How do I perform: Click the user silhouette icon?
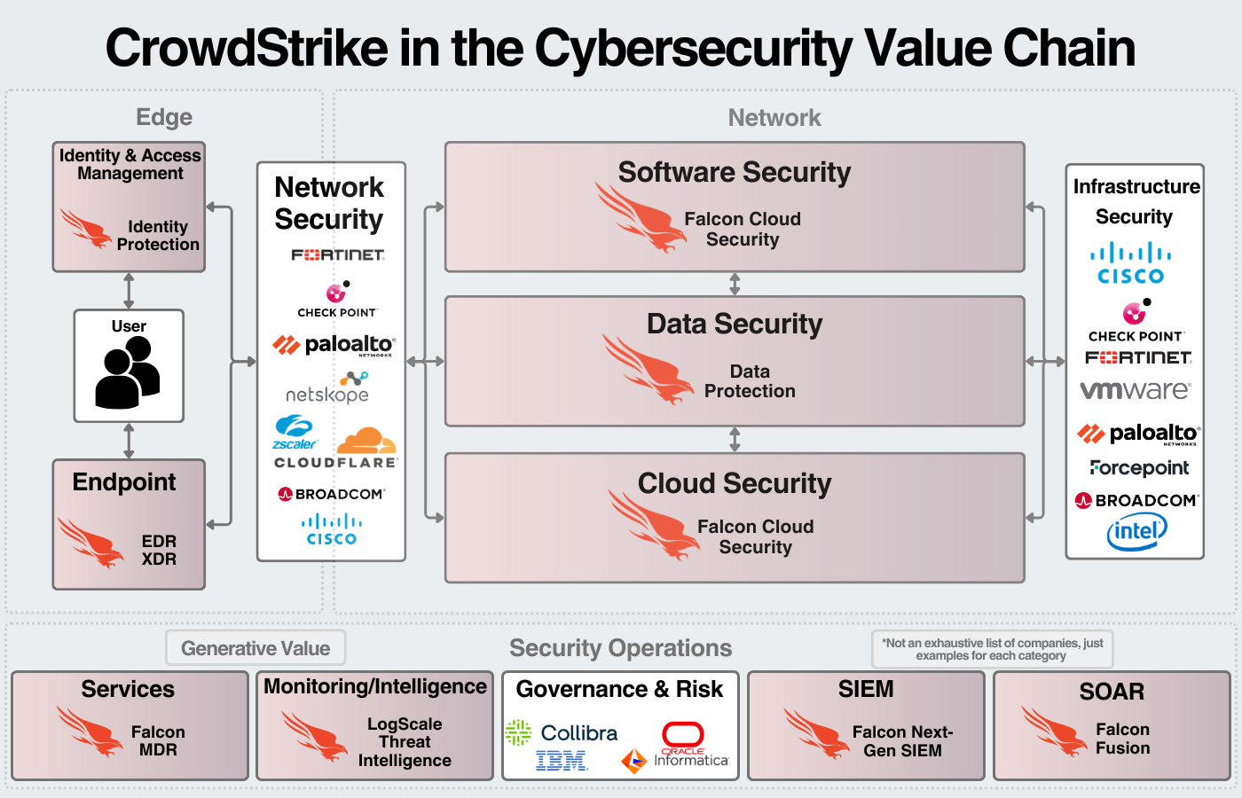[x=128, y=373]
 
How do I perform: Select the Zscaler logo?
[x=294, y=432]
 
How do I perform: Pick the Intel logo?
[x=1136, y=531]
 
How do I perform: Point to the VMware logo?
[x=1135, y=390]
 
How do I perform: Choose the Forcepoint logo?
[x=1139, y=467]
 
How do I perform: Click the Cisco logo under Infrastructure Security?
[x=1131, y=264]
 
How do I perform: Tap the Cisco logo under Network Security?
[x=332, y=529]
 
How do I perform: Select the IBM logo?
[x=562, y=760]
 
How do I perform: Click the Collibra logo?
[x=562, y=732]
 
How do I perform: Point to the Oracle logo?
[x=682, y=737]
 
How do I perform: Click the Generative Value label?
[x=255, y=648]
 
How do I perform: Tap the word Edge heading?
[x=164, y=117]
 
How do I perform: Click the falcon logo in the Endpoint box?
[x=90, y=542]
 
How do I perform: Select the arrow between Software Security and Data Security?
[x=735, y=284]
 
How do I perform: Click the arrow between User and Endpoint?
[x=129, y=441]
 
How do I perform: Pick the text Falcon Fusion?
[x=1122, y=739]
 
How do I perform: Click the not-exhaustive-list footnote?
[x=993, y=649]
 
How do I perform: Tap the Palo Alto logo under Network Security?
[x=334, y=345]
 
